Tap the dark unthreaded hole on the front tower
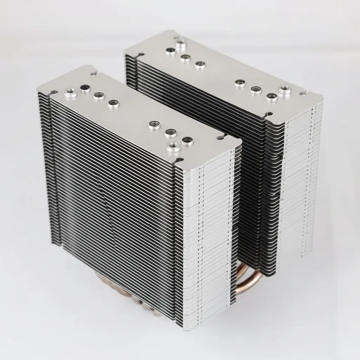pyautogui.click(x=85, y=88)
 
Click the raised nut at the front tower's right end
pyautogui.click(x=172, y=146)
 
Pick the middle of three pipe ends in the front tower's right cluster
pyautogui.click(x=171, y=132)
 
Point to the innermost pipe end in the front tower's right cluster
pyautogui.click(x=154, y=124)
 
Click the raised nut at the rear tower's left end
pyautogui.click(x=181, y=44)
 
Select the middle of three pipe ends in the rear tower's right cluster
pyautogui.click(x=256, y=90)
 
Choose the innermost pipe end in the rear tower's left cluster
pyautogui.click(x=200, y=64)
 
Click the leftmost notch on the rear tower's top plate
pyautogui.click(x=141, y=54)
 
